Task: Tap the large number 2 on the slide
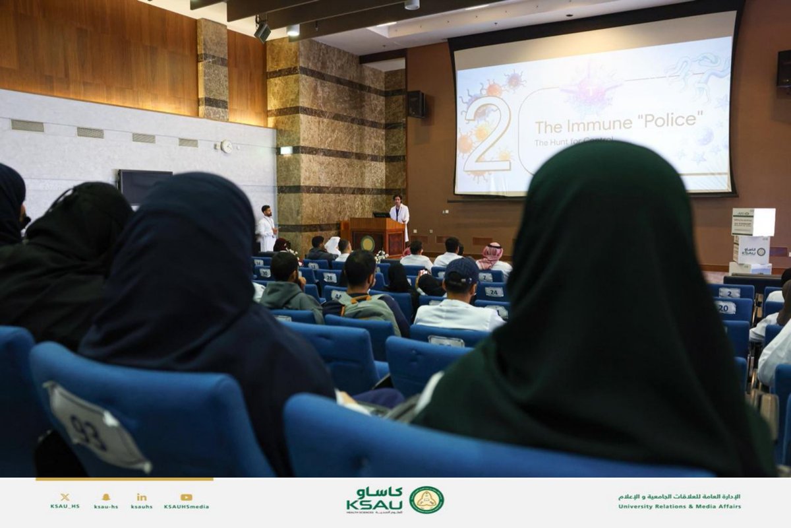488,135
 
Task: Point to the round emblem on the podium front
367,244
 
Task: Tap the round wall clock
226,147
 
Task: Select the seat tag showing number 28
328,278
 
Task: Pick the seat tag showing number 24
494,291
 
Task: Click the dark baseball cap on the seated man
462,269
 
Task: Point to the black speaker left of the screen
416,104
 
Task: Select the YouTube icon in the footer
187,497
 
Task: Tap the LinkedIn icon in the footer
142,497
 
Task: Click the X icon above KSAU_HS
65,497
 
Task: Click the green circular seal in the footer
426,500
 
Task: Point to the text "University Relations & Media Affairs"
679,506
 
